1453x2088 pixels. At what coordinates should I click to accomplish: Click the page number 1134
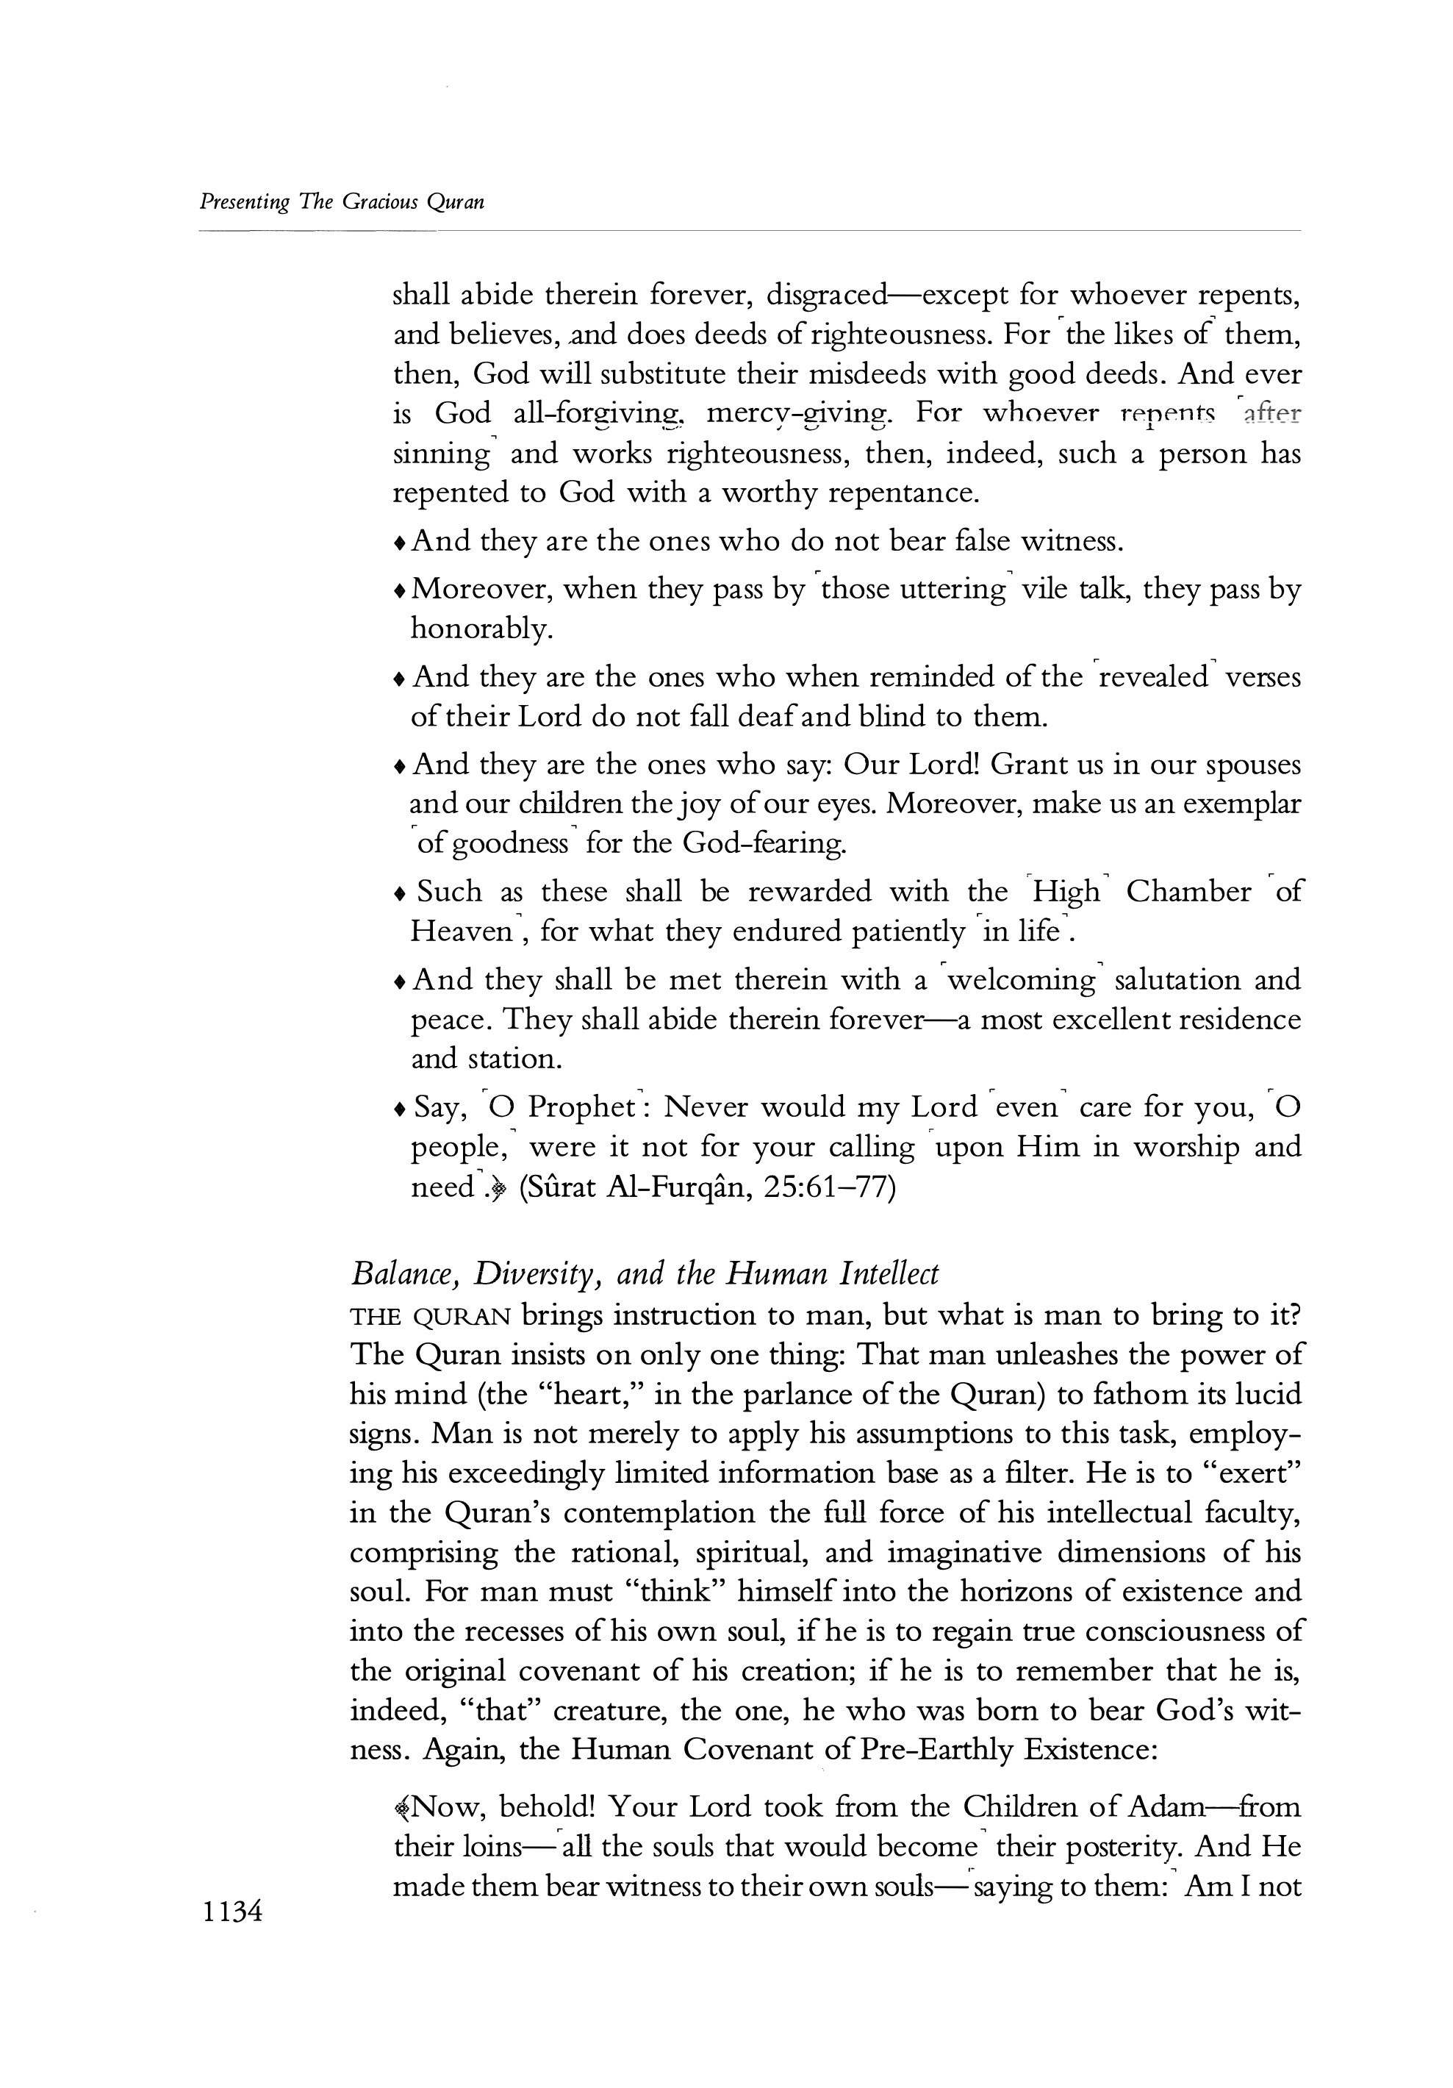pyautogui.click(x=233, y=1912)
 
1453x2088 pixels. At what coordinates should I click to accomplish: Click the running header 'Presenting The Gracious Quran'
pyautogui.click(x=341, y=202)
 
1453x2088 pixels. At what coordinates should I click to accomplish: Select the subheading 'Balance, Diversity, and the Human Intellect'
pyautogui.click(x=644, y=1273)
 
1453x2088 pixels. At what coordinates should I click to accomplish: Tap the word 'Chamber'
pyautogui.click(x=1188, y=891)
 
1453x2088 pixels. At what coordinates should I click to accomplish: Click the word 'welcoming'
pyautogui.click(x=1020, y=979)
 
